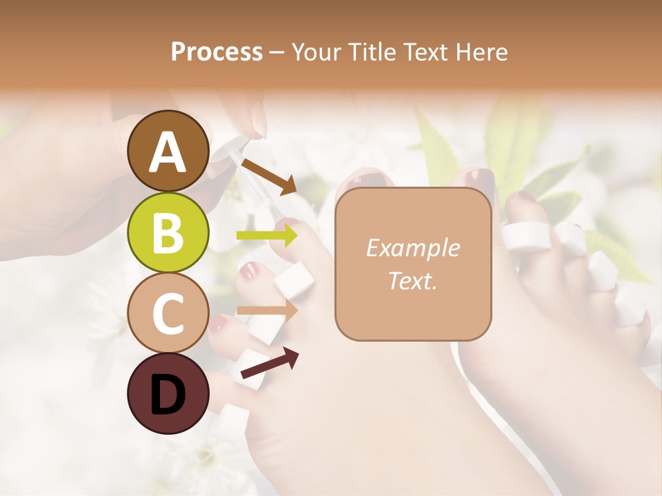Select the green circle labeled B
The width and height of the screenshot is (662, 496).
168,233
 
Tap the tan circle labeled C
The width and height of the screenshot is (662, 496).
168,313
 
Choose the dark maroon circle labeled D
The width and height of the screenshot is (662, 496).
168,393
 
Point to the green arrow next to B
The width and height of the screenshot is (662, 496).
267,236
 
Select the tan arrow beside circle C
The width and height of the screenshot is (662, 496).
268,310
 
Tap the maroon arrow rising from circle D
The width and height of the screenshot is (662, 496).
270,364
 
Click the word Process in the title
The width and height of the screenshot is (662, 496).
217,52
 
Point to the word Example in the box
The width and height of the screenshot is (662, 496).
412,248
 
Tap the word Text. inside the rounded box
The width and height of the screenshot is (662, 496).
412,281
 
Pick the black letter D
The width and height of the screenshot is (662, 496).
168,395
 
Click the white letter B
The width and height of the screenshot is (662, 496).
168,234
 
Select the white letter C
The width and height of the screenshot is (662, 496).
168,313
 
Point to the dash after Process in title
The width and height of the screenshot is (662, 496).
277,52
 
